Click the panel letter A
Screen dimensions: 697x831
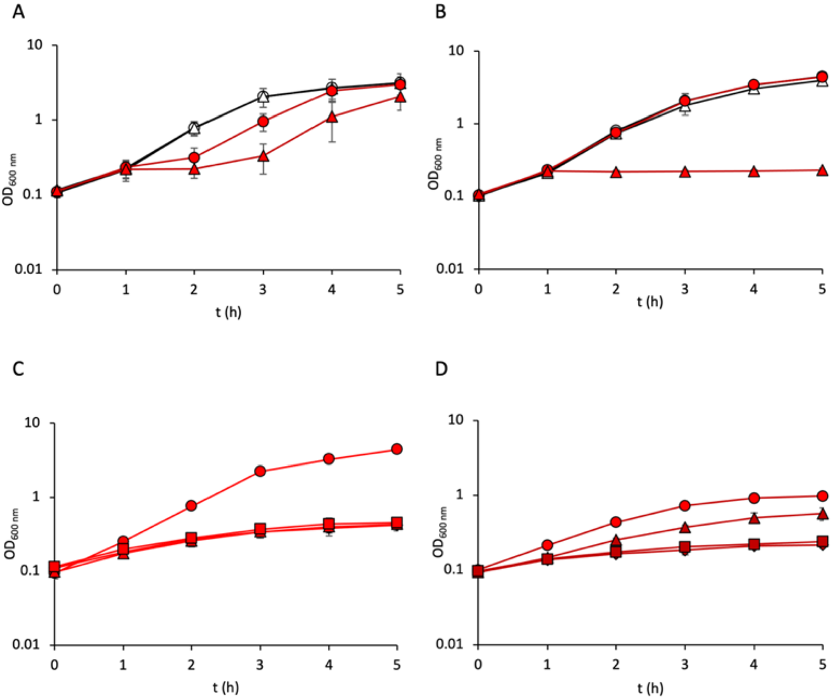point(18,11)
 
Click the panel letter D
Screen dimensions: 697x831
point(441,369)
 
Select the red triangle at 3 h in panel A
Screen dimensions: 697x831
point(263,156)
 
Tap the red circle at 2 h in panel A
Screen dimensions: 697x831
point(194,158)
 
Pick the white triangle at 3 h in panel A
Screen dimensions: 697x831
point(263,96)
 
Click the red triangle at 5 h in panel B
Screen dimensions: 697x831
point(822,170)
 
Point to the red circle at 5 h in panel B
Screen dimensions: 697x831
point(822,77)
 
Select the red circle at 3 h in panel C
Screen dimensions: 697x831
point(260,471)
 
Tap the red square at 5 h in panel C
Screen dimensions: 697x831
point(397,522)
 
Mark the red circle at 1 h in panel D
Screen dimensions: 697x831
point(547,545)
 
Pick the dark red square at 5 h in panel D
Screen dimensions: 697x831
point(822,541)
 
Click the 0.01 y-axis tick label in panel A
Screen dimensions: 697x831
point(28,269)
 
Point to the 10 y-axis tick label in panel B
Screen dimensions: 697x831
point(455,51)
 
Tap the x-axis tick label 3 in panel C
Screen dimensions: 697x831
point(260,665)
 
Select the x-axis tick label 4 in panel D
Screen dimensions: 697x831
point(753,664)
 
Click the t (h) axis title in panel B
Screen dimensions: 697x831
point(650,301)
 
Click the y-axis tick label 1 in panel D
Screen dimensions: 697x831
point(459,495)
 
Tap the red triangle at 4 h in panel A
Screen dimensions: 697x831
point(332,117)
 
